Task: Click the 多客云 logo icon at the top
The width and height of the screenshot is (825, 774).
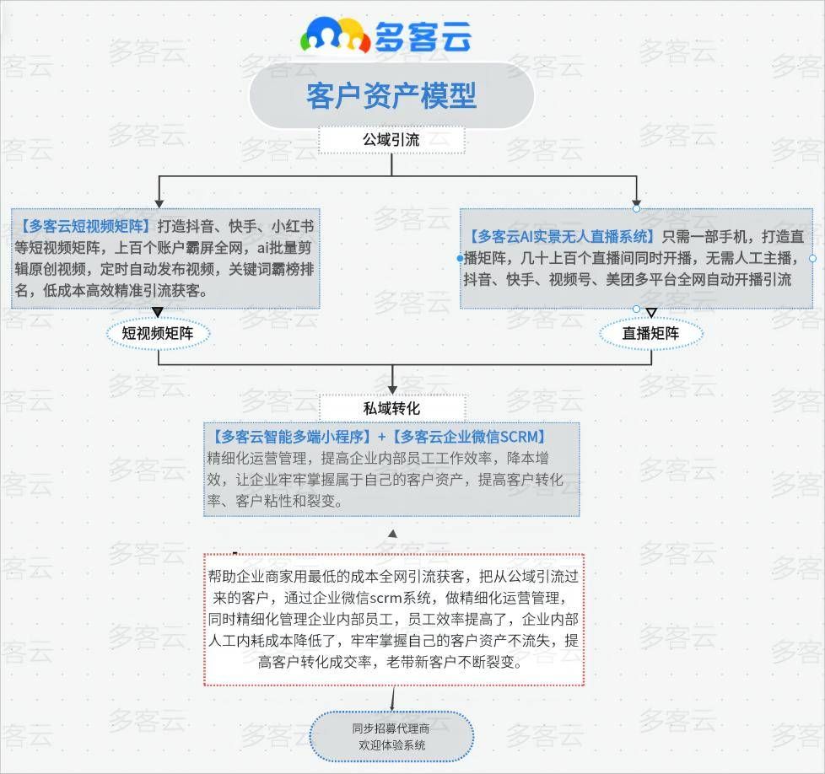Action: [x=335, y=35]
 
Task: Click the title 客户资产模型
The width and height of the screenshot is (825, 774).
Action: [x=391, y=95]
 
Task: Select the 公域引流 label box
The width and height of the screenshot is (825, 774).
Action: [x=391, y=139]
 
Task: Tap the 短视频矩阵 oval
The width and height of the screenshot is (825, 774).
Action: [x=158, y=334]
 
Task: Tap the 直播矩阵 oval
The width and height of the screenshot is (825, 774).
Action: [x=650, y=334]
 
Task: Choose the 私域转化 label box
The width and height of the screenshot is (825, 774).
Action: [x=391, y=407]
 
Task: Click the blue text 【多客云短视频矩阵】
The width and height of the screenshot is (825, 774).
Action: [x=84, y=226]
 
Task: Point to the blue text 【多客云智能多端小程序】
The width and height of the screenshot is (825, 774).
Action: [x=291, y=437]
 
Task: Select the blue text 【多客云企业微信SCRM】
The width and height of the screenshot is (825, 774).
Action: [x=472, y=437]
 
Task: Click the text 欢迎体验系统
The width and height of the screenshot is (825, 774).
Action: [x=391, y=745]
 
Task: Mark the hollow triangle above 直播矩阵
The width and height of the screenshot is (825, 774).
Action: [x=650, y=313]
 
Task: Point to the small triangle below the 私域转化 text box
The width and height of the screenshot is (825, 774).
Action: [x=392, y=534]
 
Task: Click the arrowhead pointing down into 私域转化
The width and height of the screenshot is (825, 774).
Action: [x=392, y=390]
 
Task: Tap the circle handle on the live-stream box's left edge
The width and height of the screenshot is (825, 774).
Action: [x=461, y=258]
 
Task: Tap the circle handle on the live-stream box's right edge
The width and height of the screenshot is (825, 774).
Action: [x=812, y=258]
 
